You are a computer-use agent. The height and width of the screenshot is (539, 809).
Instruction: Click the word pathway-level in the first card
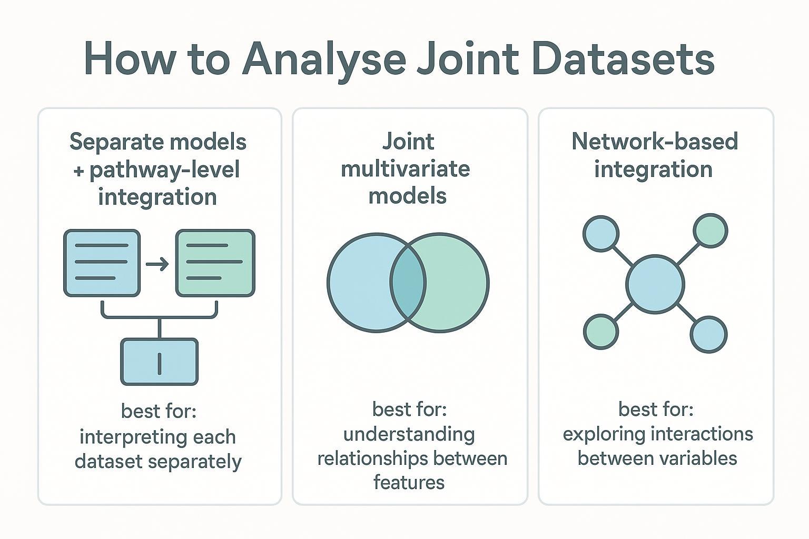pyautogui.click(x=164, y=169)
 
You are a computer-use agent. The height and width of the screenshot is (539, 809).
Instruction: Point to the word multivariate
pyautogui.click(x=405, y=169)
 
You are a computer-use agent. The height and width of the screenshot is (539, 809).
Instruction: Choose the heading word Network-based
pyautogui.click(x=655, y=142)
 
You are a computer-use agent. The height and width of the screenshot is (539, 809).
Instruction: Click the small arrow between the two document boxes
pyautogui.click(x=157, y=263)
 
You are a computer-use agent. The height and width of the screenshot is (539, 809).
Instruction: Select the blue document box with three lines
pyautogui.click(x=102, y=263)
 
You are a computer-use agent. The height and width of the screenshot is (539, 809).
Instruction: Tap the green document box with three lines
pyautogui.click(x=215, y=263)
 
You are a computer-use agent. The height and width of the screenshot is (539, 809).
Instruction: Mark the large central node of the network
pyautogui.click(x=655, y=285)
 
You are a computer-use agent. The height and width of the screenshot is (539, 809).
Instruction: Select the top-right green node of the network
pyautogui.click(x=711, y=231)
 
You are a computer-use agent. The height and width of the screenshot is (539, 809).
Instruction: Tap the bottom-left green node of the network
pyautogui.click(x=601, y=332)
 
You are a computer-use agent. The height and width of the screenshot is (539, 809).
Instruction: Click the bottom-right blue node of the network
pyautogui.click(x=708, y=334)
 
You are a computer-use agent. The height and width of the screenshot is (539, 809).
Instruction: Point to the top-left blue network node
pyautogui.click(x=601, y=233)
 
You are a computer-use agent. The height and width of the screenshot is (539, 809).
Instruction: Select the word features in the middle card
pyautogui.click(x=409, y=482)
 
